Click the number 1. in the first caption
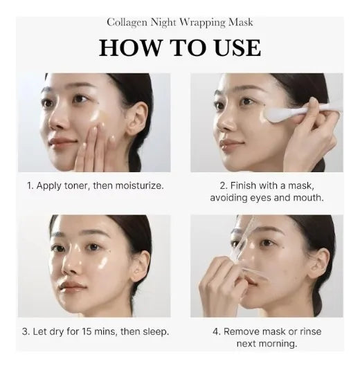[x=30, y=186]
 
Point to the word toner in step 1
[x=78, y=186]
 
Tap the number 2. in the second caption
[x=224, y=186]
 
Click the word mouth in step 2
[x=307, y=199]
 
